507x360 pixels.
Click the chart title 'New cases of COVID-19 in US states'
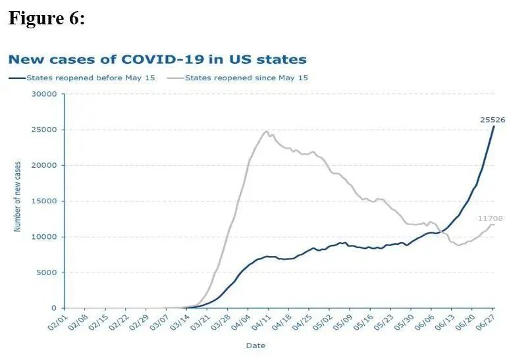157,59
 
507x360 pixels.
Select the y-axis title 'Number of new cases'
17,196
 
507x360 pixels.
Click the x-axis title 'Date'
255,345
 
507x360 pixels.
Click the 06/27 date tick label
487,322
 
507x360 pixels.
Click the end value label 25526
492,119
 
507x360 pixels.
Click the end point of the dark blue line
494,126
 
